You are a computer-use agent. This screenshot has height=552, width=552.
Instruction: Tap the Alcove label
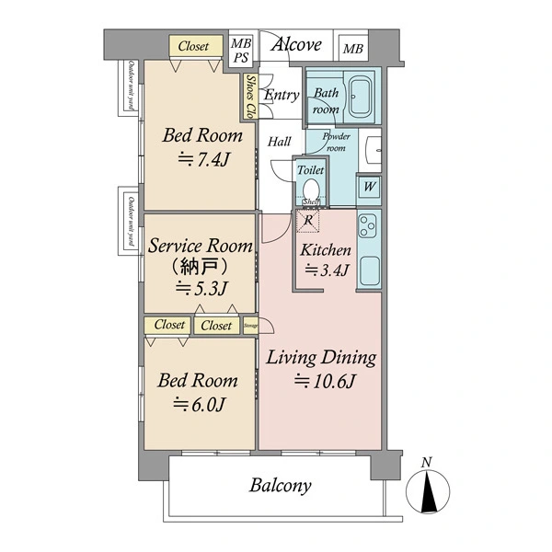295,44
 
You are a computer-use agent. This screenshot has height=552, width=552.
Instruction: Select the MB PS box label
240,50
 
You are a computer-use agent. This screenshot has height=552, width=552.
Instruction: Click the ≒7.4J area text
202,159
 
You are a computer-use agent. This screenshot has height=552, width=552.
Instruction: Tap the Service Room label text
201,246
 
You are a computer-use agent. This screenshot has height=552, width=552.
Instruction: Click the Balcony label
280,486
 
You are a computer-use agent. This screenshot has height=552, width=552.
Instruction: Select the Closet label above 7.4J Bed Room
194,46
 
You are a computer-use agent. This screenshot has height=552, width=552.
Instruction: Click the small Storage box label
250,326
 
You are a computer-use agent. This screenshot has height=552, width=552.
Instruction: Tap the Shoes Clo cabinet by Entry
249,98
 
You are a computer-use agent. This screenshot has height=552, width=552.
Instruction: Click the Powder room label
334,142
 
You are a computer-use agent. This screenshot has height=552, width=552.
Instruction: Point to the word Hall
280,142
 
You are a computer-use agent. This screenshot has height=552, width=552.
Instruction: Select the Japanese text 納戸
201,267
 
